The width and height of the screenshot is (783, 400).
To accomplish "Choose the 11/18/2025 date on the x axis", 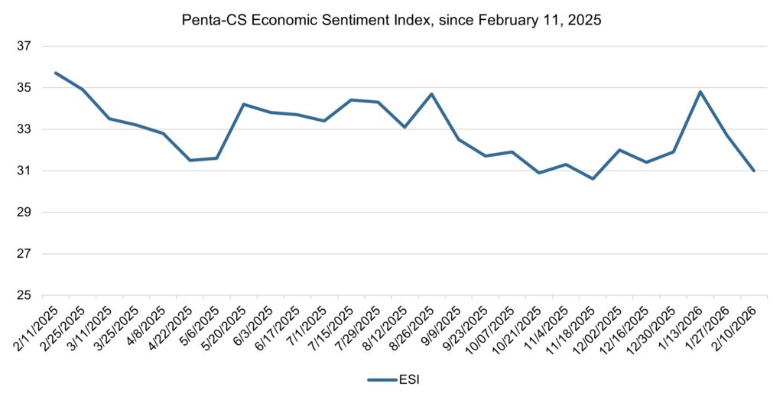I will (573, 329).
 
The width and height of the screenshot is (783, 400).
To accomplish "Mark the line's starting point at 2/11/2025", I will (56, 73).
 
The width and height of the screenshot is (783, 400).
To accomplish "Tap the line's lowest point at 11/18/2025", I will (593, 179).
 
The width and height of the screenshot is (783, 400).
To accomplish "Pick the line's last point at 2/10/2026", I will (754, 171).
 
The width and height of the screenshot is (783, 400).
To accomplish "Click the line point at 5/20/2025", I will (243, 104).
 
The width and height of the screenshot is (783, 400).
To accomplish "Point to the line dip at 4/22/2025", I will (190, 160).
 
